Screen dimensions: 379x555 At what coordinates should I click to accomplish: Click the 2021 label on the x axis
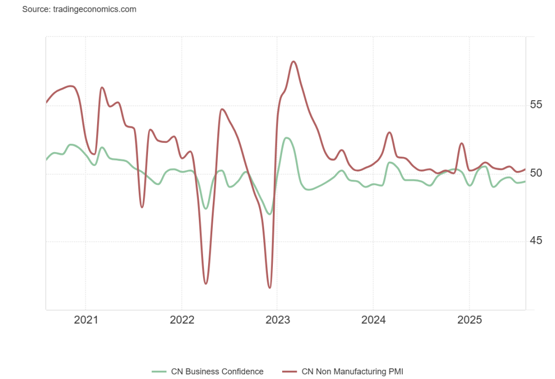click(x=86, y=320)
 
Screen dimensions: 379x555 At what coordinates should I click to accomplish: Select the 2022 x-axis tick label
click(x=181, y=320)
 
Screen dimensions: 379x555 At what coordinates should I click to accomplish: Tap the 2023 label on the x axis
click(x=277, y=320)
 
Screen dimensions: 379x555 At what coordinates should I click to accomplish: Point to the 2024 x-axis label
click(x=374, y=320)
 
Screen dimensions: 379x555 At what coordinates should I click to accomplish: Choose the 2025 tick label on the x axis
click(x=469, y=320)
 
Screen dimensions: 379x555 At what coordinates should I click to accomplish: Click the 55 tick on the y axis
click(x=536, y=105)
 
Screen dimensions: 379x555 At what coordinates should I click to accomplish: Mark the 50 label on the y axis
click(x=536, y=173)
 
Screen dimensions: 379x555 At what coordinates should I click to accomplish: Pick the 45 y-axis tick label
click(x=536, y=241)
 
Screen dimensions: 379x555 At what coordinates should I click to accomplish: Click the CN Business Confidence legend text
click(x=217, y=371)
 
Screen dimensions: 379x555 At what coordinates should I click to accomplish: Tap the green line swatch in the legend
click(x=159, y=371)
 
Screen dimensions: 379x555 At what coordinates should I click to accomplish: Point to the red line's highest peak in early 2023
click(x=293, y=62)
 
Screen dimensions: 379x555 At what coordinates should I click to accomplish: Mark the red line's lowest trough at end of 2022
click(x=269, y=288)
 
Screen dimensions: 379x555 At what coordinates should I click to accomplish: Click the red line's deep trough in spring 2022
click(x=206, y=283)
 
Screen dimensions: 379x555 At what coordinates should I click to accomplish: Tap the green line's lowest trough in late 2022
click(x=269, y=214)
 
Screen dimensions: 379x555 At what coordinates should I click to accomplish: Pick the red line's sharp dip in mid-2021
click(x=142, y=207)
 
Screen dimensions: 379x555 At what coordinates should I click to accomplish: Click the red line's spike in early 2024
click(x=390, y=132)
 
